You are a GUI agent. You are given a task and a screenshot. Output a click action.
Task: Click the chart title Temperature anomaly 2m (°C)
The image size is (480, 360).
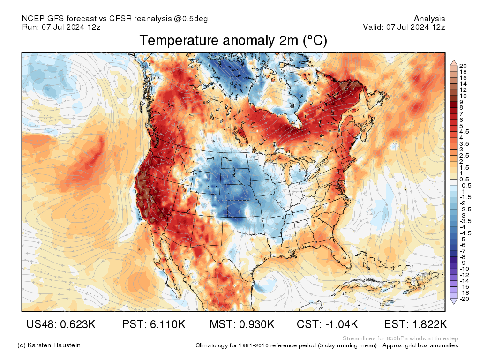[233, 41]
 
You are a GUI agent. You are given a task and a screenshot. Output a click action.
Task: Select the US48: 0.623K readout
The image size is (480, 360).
[61, 324]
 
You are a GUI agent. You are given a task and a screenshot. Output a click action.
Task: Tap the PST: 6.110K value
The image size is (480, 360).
[154, 324]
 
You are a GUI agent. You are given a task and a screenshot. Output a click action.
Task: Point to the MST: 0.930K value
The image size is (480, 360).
[241, 324]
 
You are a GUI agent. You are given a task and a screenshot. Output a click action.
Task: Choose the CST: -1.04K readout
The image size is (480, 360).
[328, 324]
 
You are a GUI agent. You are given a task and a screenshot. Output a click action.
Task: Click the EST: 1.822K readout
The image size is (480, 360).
[415, 324]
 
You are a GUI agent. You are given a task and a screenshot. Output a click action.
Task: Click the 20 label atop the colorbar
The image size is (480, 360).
[463, 66]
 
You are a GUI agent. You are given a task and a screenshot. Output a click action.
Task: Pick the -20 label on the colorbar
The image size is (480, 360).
[464, 299]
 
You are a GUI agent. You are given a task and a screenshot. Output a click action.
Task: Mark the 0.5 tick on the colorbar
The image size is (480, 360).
[464, 180]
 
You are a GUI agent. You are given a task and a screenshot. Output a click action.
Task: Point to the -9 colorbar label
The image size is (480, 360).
[463, 262]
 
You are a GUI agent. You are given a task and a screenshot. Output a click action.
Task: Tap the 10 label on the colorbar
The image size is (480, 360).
[463, 96]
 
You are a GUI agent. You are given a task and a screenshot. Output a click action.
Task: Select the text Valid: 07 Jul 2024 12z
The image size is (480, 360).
[404, 27]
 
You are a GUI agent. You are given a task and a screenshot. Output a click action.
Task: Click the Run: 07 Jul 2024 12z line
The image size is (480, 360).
[61, 27]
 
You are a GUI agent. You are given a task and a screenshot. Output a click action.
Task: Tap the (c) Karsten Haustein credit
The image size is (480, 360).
[49, 345]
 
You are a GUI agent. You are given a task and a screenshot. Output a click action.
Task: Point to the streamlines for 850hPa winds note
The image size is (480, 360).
[400, 338]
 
